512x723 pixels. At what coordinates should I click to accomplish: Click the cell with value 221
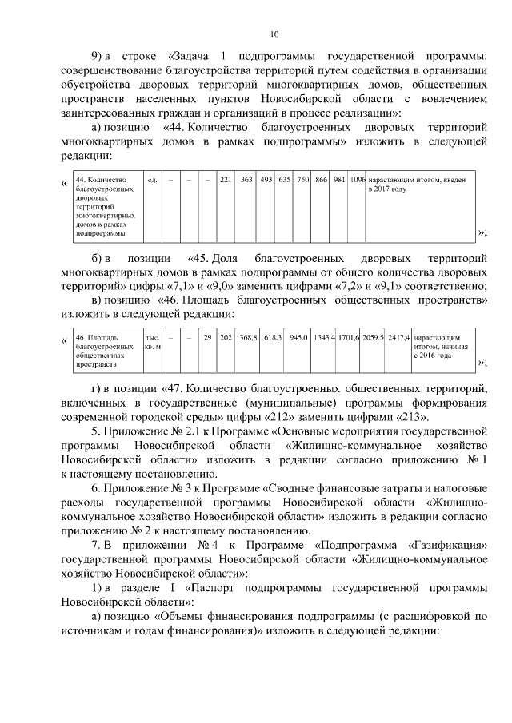click(226, 180)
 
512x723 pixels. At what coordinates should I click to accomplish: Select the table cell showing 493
click(267, 180)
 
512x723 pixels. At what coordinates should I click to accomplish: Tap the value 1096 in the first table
click(358, 180)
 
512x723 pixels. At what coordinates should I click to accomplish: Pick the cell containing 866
click(322, 180)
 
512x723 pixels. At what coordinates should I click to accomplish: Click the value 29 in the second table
click(207, 338)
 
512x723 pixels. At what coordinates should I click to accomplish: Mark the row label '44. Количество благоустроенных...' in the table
click(104, 206)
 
